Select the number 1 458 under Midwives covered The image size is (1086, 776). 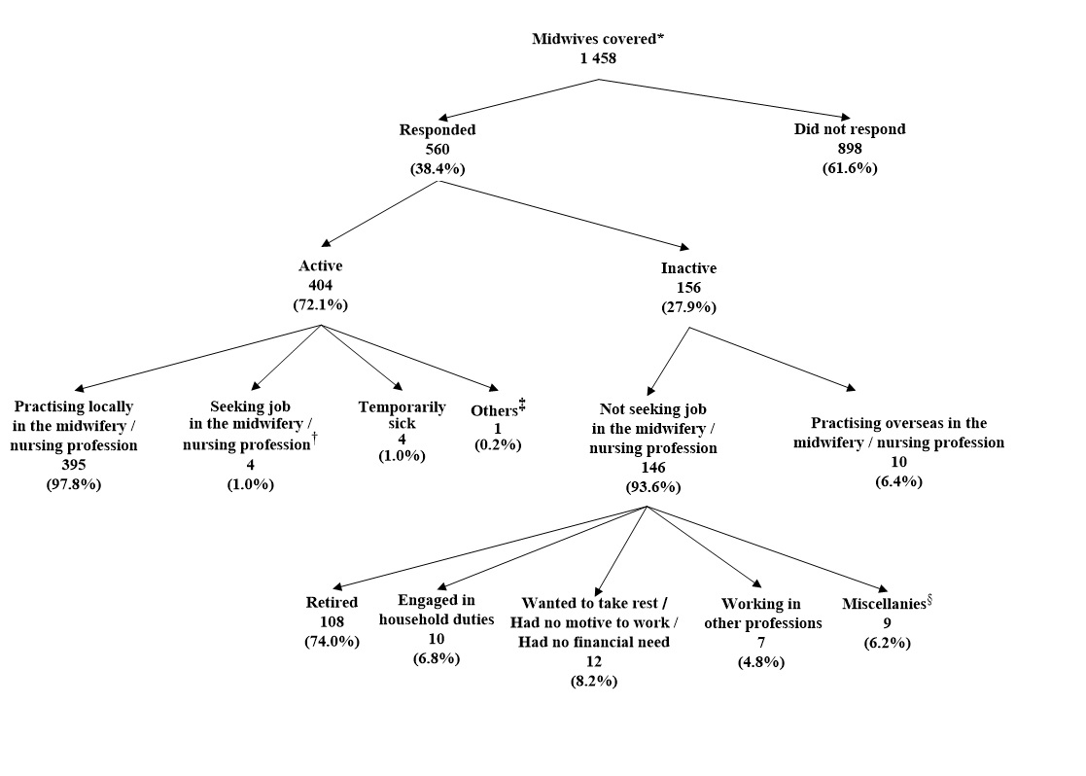[597, 57]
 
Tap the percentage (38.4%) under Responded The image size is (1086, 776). [437, 168]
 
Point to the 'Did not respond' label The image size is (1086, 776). [849, 129]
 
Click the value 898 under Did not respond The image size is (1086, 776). [850, 149]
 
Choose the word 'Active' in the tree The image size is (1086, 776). [320, 265]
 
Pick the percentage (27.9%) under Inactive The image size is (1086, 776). [688, 307]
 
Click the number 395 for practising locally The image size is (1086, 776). [74, 465]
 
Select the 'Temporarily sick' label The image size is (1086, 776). [402, 415]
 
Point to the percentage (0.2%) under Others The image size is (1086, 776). [498, 444]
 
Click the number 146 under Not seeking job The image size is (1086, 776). [652, 468]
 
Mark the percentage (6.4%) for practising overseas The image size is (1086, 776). [898, 481]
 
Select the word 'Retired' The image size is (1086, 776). [332, 603]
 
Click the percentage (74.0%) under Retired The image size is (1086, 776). [332, 641]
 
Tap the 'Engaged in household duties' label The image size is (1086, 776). [437, 610]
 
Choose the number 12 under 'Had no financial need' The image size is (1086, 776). [593, 661]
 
